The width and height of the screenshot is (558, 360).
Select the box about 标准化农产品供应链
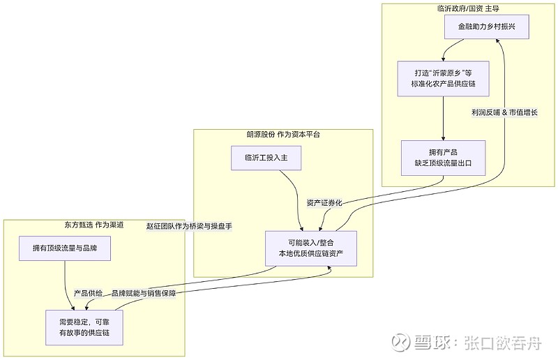pyautogui.click(x=444, y=78)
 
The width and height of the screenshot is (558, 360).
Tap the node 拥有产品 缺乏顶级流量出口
pyautogui.click(x=443, y=157)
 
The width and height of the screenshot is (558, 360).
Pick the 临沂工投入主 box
pyautogui.click(x=266, y=158)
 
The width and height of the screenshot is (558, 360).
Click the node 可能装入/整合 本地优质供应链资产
pyautogui.click(x=311, y=248)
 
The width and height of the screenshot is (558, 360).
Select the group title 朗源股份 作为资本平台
pyautogui.click(x=282, y=134)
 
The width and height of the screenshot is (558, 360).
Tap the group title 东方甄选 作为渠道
pyautogui.click(x=93, y=225)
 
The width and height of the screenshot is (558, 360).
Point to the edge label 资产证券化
pyautogui.click(x=324, y=203)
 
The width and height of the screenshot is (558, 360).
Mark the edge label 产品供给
pyautogui.click(x=89, y=293)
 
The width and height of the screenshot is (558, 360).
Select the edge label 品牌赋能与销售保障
pyautogui.click(x=144, y=293)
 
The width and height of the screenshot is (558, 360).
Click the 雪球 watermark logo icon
pyautogui.click(x=400, y=343)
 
